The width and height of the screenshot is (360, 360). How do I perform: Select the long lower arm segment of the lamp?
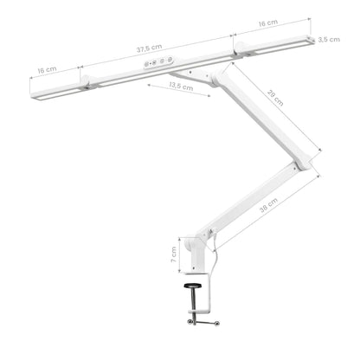point(255,195)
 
